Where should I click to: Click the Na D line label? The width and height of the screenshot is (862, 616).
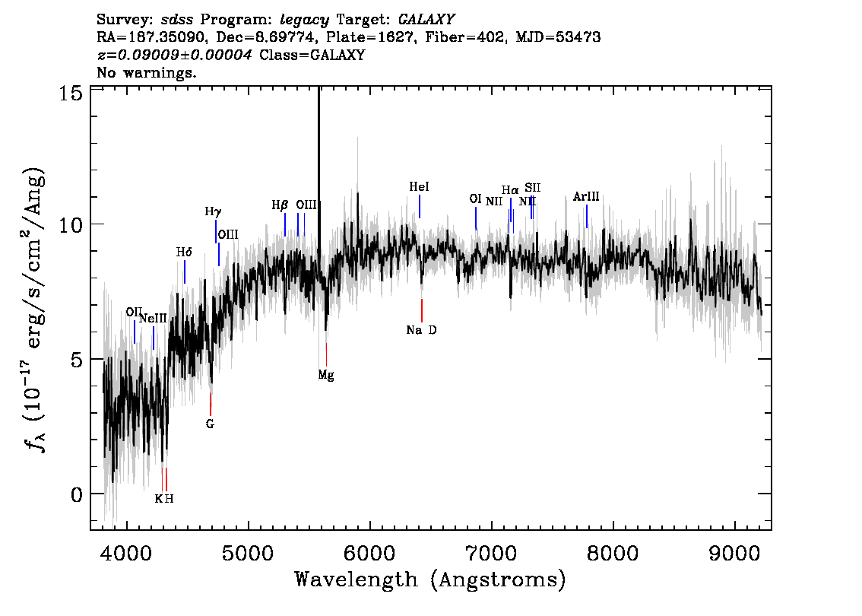[421, 330]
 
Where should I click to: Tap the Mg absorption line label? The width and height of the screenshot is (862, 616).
[326, 375]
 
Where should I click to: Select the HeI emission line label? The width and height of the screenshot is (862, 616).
[419, 187]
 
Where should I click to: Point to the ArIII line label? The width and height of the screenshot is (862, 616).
[586, 196]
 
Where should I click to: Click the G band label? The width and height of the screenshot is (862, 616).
[210, 424]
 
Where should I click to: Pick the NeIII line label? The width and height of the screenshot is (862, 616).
[153, 319]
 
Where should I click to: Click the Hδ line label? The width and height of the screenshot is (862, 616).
[184, 252]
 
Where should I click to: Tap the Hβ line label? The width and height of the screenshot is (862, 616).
[280, 205]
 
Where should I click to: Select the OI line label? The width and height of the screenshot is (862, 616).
[476, 198]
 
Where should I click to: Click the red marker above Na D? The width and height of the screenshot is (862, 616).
[422, 311]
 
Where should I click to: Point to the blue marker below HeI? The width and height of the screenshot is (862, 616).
[420, 206]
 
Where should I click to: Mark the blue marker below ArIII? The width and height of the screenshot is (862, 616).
[587, 216]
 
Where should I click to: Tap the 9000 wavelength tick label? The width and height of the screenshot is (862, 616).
[734, 554]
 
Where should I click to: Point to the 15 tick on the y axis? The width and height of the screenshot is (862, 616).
[71, 94]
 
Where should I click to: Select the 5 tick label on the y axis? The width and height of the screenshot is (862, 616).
[77, 360]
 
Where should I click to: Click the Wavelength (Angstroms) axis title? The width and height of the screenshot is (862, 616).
[430, 579]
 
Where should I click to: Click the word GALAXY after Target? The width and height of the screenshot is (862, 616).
[426, 19]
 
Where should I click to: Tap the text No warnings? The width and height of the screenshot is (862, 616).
[146, 72]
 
